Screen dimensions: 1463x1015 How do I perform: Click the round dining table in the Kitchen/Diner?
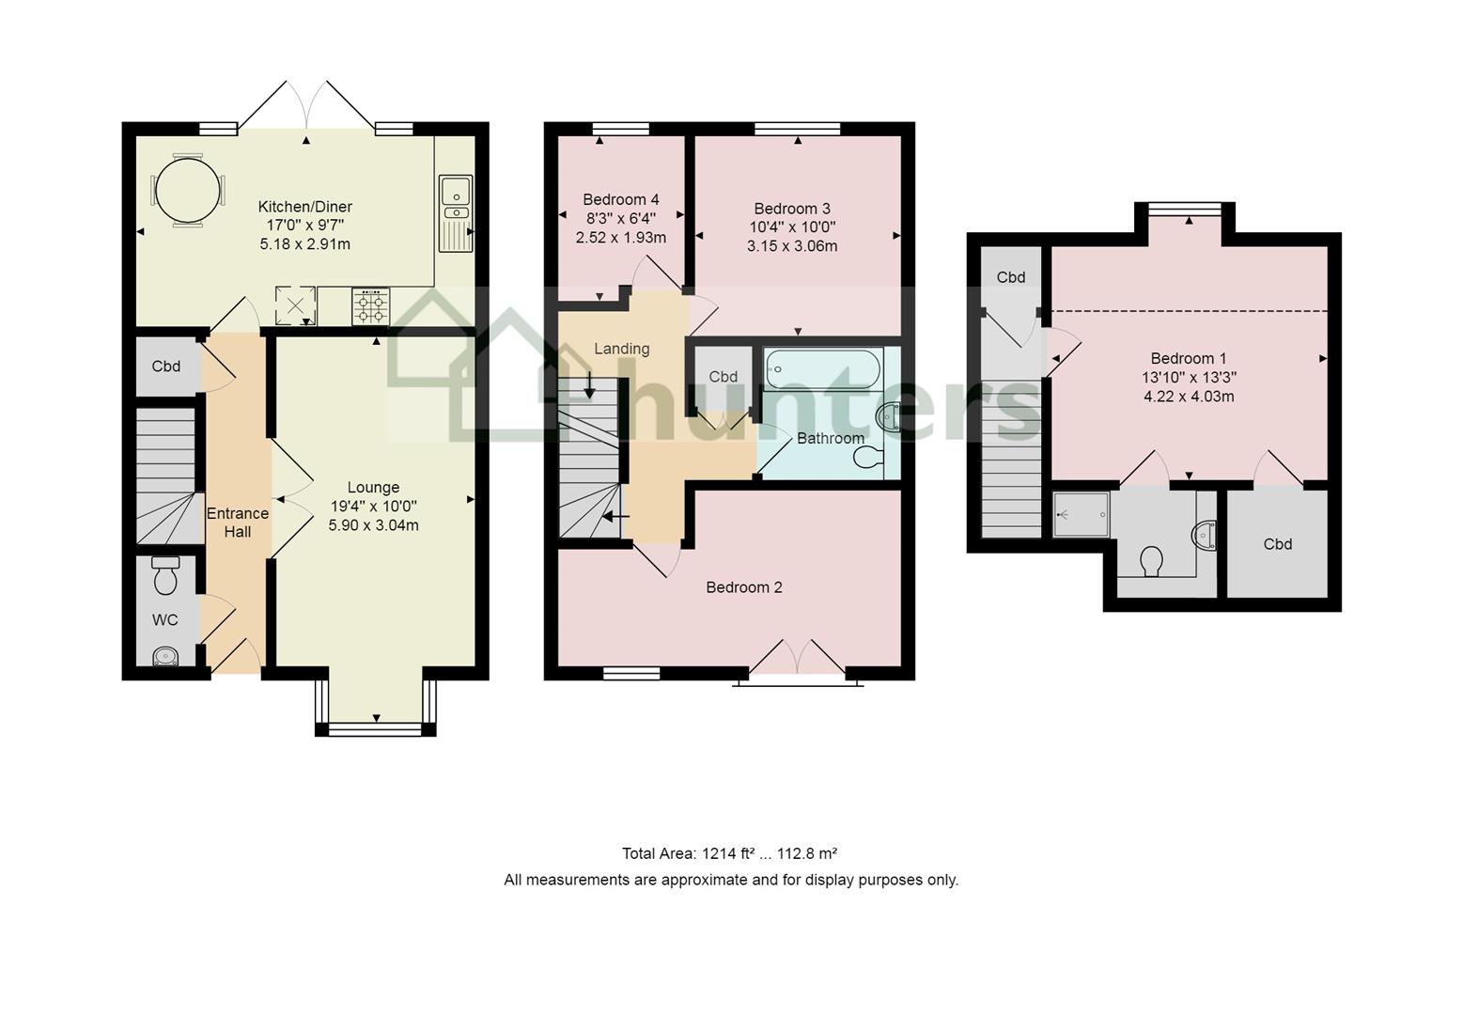pos(187,191)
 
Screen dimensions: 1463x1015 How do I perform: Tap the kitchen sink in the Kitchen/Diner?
pos(456,213)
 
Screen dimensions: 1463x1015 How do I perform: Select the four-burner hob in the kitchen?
pos(371,306)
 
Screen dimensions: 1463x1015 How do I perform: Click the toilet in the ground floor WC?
pos(165,575)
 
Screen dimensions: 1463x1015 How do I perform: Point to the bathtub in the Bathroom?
pos(823,369)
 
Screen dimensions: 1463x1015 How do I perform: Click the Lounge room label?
pos(373,487)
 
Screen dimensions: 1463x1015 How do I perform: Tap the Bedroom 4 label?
pos(620,200)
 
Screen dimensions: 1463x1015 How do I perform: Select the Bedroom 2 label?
pos(744,587)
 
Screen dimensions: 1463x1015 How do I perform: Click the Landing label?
pos(622,349)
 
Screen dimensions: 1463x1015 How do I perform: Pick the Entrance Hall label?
pos(238,523)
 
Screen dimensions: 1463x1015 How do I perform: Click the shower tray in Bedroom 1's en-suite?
pos(1081,514)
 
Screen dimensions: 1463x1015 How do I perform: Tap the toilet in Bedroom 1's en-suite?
pos(1151,561)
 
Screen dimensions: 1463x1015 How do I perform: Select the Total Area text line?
pos(729,853)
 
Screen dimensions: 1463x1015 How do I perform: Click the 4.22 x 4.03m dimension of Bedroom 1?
pos(1189,397)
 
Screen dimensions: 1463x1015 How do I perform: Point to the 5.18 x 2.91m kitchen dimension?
pos(305,244)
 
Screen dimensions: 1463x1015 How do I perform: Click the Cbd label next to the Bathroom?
pos(723,377)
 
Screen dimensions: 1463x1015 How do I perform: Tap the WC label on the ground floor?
pos(164,620)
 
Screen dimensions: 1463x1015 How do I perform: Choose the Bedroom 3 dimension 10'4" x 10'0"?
pos(792,227)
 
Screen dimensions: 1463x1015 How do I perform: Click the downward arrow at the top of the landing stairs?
pos(589,384)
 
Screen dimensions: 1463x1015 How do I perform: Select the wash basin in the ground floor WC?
pos(165,656)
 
